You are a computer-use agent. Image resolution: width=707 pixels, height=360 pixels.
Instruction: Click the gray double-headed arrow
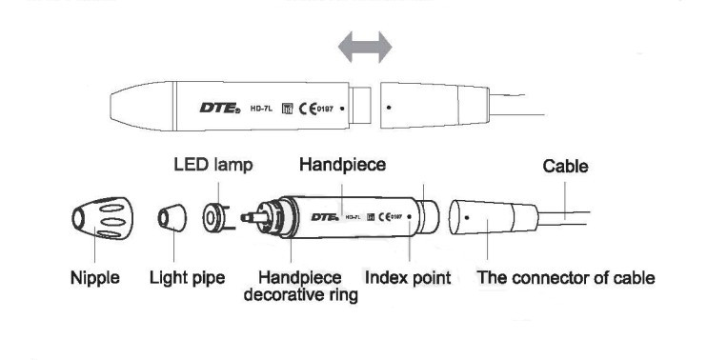[x=366, y=45]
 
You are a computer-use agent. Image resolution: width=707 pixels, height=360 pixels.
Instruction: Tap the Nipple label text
[x=95, y=279]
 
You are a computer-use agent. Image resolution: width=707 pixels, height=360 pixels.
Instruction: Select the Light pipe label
[x=188, y=279]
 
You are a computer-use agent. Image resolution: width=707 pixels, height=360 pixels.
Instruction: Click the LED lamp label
[x=212, y=165]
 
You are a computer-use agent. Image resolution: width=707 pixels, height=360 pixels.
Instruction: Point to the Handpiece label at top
[x=342, y=165]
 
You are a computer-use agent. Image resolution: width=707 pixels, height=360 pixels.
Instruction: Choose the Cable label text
[x=565, y=167]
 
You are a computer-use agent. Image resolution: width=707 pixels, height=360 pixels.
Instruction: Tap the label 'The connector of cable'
[x=565, y=279]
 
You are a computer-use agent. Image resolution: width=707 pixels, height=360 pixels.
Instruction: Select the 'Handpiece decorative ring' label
[x=301, y=287]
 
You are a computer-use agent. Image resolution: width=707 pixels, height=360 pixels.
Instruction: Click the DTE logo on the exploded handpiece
[x=326, y=218]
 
